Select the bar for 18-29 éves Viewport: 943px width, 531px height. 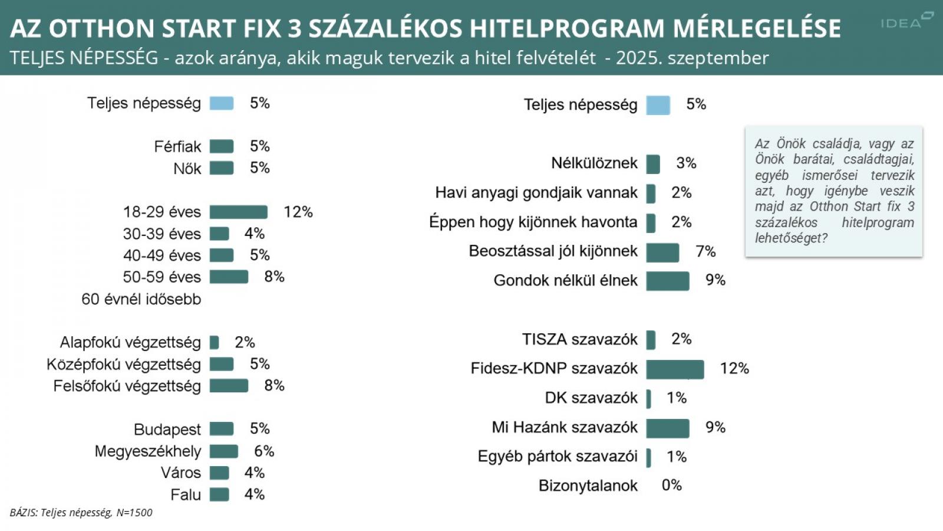(238, 212)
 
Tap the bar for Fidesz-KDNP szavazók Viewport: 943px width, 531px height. (675, 369)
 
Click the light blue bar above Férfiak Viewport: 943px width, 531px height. (222, 104)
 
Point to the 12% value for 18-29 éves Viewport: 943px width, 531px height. (298, 212)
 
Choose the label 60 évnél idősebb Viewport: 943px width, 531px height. (141, 299)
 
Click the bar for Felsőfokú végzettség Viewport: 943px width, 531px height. (229, 386)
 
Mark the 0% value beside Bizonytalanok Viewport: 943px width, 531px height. (672, 486)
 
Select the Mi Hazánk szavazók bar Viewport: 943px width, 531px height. (668, 428)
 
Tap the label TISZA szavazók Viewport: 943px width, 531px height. (579, 339)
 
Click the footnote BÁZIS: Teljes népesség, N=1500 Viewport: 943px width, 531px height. (81, 513)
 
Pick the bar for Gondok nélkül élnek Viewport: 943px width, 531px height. (668, 281)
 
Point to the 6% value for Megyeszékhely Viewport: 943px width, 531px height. (264, 451)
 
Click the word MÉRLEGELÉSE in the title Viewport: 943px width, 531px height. (757, 28)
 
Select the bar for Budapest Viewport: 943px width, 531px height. (222, 429)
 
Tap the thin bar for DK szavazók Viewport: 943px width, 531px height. (649, 399)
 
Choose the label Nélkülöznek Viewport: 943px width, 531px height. (594, 163)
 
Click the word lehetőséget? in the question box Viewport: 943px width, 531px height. (791, 238)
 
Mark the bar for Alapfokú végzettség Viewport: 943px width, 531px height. (214, 343)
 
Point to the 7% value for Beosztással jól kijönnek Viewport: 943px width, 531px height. (705, 252)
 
